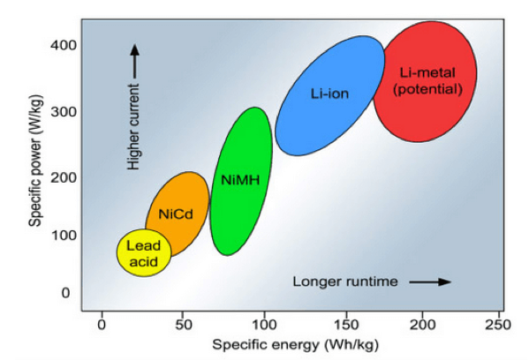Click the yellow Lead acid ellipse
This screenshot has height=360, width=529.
click(144, 253)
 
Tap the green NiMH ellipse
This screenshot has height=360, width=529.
click(241, 181)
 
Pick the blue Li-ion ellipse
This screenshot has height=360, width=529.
click(329, 95)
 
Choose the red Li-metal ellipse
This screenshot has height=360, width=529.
click(425, 81)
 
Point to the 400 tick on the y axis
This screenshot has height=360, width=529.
click(64, 44)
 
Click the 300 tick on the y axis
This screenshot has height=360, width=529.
click(64, 111)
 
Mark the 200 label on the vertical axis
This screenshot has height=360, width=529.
click(64, 177)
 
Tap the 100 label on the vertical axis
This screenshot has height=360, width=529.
click(64, 235)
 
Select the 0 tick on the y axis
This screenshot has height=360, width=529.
click(65, 293)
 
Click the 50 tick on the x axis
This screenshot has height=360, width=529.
click(184, 325)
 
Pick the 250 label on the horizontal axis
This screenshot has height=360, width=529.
click(498, 325)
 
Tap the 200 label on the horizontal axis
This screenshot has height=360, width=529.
click(422, 325)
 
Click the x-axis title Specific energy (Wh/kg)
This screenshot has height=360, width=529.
click(296, 345)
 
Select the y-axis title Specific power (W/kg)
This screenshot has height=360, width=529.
click(35, 161)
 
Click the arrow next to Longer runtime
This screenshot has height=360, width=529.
click(430, 281)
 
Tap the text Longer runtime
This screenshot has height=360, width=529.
click(345, 281)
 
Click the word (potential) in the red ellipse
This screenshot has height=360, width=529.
click(427, 89)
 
